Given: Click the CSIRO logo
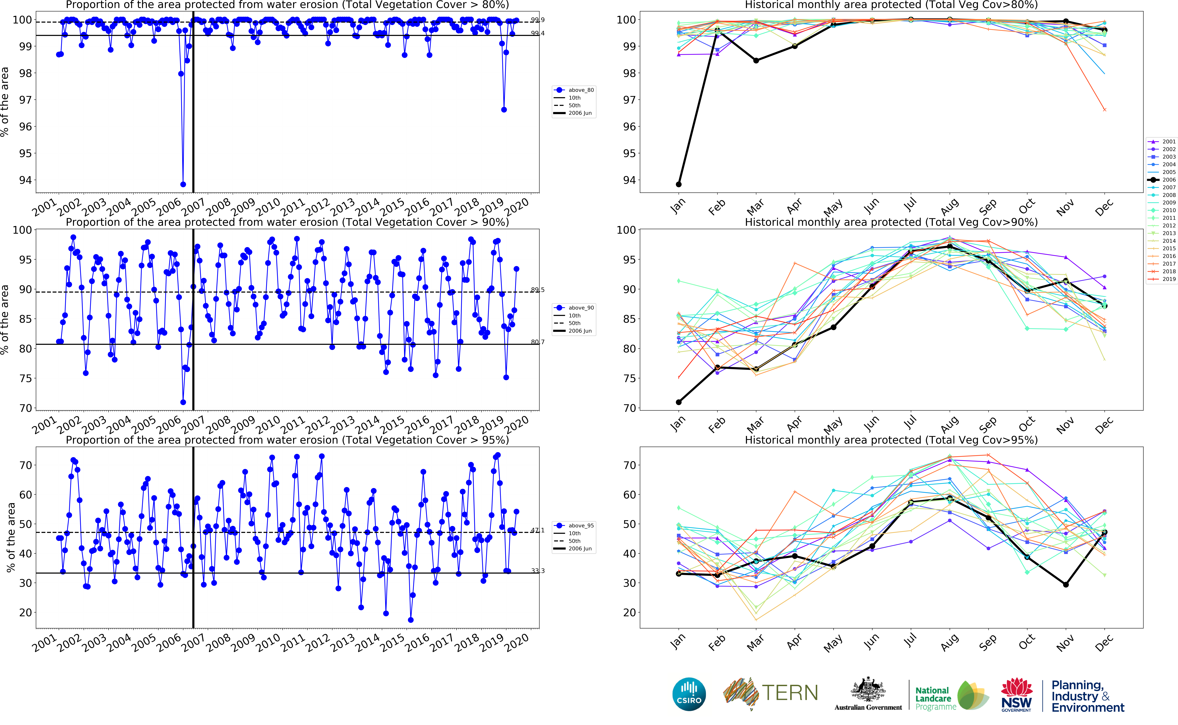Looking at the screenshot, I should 689,694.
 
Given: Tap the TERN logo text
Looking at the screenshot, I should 790,693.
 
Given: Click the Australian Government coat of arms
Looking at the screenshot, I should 868,690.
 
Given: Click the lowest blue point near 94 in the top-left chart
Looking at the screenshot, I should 183,184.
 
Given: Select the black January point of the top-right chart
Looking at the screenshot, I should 679,184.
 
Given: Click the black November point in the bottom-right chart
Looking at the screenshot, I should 1066,584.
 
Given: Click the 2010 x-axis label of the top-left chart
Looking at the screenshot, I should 268,207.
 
